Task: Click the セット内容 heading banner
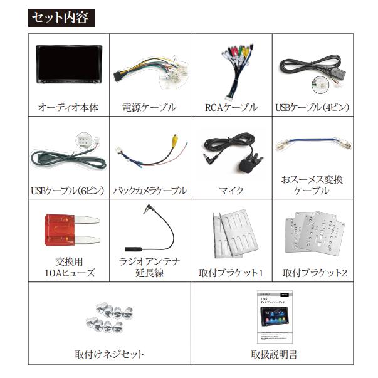coord(61,18)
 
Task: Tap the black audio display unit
coord(69,65)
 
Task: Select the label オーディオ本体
coord(68,108)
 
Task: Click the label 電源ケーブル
coord(149,108)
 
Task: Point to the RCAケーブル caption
coord(231,108)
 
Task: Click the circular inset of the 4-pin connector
coord(320,85)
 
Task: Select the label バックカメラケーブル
coord(150,191)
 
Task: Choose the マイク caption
coord(231,191)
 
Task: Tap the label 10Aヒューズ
coord(70,273)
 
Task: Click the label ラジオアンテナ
coord(149,261)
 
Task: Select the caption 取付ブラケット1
coord(231,273)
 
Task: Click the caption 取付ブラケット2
coord(315,273)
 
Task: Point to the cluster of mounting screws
coord(110,318)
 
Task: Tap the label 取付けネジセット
coord(110,354)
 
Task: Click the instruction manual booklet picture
coord(275,317)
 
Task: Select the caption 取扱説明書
coord(274,354)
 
